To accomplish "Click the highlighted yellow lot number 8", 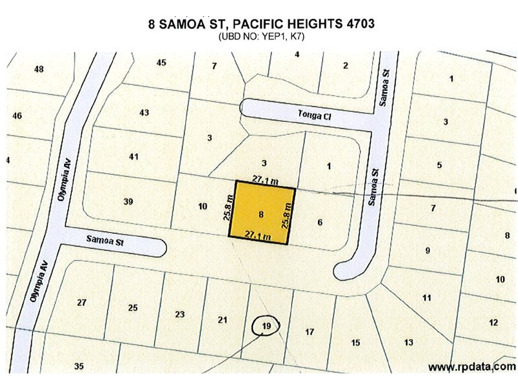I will [261, 213].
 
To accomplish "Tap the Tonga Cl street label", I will [314, 114].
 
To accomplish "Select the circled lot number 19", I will [266, 325].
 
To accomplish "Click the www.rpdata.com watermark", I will [472, 367].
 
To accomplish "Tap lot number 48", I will [39, 69].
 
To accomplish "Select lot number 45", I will [161, 62].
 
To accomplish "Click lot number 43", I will [144, 113].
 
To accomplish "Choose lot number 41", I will [134, 156].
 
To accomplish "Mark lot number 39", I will [128, 202].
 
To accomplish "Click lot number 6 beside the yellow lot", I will [320, 222].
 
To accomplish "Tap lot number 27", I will [82, 302].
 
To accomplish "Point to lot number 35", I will [79, 366].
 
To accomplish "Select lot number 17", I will [310, 332].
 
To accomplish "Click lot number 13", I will [409, 342].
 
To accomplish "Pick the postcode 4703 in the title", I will [354, 23].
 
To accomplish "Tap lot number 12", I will [493, 322].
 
